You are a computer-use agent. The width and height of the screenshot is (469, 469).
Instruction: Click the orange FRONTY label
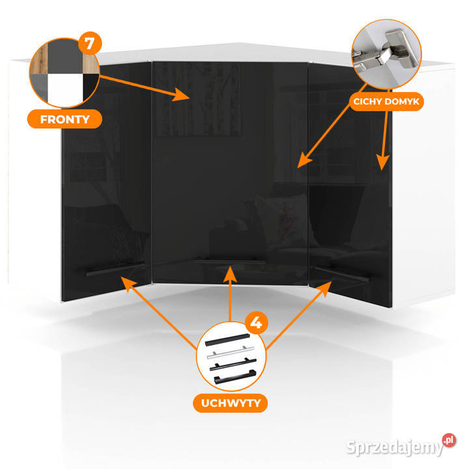(64, 119)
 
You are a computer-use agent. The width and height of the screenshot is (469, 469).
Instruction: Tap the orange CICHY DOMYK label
(386, 102)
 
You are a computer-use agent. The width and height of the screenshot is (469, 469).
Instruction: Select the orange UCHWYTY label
(231, 403)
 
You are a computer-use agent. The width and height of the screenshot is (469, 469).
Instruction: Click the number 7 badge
(90, 44)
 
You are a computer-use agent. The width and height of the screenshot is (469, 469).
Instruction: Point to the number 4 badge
(257, 322)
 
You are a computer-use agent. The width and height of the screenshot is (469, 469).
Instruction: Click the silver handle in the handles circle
(231, 352)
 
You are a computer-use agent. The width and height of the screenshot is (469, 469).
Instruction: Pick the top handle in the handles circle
(227, 340)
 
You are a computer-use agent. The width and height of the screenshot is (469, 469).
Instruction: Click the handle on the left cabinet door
(115, 269)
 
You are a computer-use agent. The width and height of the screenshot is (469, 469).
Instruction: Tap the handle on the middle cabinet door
(229, 261)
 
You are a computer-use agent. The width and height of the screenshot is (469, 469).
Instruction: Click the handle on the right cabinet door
(342, 274)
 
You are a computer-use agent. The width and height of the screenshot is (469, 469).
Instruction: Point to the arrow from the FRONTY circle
(145, 87)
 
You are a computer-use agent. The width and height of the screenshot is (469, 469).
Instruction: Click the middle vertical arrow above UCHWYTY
(230, 294)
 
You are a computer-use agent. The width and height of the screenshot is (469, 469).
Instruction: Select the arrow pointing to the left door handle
(159, 313)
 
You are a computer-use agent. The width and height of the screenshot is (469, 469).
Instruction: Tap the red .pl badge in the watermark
(449, 440)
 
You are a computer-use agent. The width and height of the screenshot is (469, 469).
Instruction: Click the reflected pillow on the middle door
(281, 220)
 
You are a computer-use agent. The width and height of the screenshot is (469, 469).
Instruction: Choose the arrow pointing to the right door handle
(299, 315)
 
